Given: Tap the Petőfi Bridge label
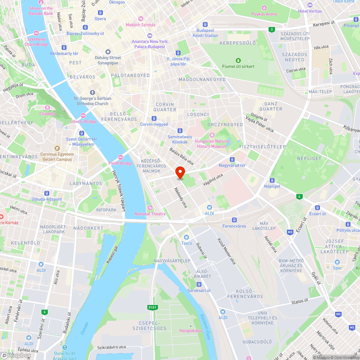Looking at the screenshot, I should [x=120, y=163].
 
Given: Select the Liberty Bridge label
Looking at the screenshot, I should [x=84, y=121].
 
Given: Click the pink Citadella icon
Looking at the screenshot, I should [x=47, y=108].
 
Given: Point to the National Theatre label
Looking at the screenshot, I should [x=150, y=213].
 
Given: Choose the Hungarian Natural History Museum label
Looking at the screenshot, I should [x=211, y=144].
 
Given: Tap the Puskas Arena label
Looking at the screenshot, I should [x=264, y=14].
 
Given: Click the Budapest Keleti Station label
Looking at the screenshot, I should [x=205, y=33].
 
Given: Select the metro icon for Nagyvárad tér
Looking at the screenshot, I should [x=232, y=159].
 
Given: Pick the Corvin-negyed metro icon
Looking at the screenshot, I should [x=154, y=118].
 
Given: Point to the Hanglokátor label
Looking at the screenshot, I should [x=191, y=330].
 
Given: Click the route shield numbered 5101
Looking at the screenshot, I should [x=153, y=307].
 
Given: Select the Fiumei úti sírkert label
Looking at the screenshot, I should [x=238, y=66].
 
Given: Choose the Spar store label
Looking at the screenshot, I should [x=337, y=268].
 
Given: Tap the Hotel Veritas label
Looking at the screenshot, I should [x=310, y=11].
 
